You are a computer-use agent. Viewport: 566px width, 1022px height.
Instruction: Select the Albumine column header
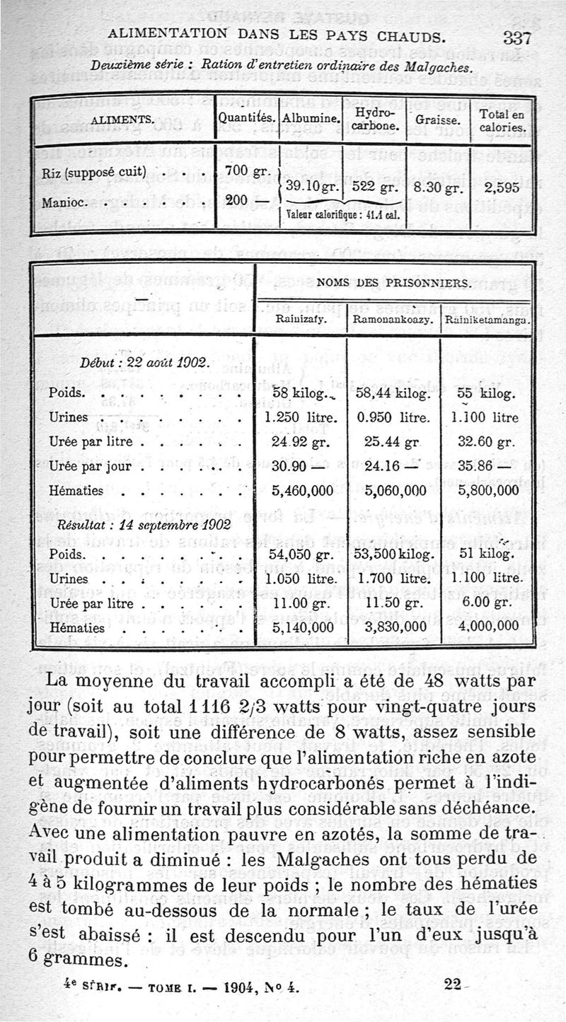311,117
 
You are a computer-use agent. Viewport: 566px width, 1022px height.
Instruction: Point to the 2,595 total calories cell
499,188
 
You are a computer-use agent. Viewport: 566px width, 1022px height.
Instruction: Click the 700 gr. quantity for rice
243,170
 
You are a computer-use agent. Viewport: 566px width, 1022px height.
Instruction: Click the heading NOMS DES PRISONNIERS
393,282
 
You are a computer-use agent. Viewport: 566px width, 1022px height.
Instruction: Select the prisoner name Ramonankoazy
393,319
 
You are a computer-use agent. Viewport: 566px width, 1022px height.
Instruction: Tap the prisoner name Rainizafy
300,319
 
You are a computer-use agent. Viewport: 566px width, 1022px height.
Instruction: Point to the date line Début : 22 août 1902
144,363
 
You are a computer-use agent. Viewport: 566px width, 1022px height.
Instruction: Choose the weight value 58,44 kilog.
393,393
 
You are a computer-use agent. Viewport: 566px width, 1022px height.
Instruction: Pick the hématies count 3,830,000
393,626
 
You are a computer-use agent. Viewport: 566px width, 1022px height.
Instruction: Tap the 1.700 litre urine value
393,579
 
